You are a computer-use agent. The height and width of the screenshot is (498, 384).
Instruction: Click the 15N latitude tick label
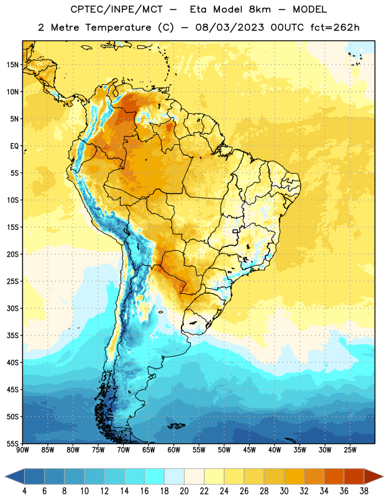point(12,65)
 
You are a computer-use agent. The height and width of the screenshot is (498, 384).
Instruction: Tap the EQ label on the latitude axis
point(14,146)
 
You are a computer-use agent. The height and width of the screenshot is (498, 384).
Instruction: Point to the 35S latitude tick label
point(12,336)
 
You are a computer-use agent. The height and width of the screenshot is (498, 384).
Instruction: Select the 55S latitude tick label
point(12,443)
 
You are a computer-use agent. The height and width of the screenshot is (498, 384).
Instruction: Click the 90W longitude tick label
point(22,450)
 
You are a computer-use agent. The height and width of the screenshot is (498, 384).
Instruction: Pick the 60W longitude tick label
point(174,450)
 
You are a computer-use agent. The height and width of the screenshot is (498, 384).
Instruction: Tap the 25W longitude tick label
point(350,450)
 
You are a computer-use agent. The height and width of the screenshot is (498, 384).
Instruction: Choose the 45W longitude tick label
point(249,450)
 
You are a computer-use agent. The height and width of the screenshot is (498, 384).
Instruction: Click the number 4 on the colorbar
point(24,491)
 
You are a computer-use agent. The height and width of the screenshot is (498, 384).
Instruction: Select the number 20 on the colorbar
point(184,491)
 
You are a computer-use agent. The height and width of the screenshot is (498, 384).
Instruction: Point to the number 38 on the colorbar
point(364,491)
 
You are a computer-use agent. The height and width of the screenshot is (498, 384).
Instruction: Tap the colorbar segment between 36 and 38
point(354,476)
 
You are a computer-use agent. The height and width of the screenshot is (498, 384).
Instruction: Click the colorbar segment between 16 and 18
point(155,476)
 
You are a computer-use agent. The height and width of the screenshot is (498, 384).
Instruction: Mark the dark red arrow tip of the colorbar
point(383,476)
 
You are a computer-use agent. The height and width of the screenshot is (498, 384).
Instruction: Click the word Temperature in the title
point(118,27)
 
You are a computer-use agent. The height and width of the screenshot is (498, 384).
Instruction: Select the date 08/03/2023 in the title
point(229,27)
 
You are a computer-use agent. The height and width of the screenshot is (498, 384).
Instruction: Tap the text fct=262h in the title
point(335,27)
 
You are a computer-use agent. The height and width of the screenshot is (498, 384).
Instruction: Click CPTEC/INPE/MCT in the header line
point(116,9)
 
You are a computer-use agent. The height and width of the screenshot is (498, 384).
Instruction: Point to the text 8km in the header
point(260,9)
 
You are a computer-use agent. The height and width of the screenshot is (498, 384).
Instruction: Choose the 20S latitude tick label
point(12,255)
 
